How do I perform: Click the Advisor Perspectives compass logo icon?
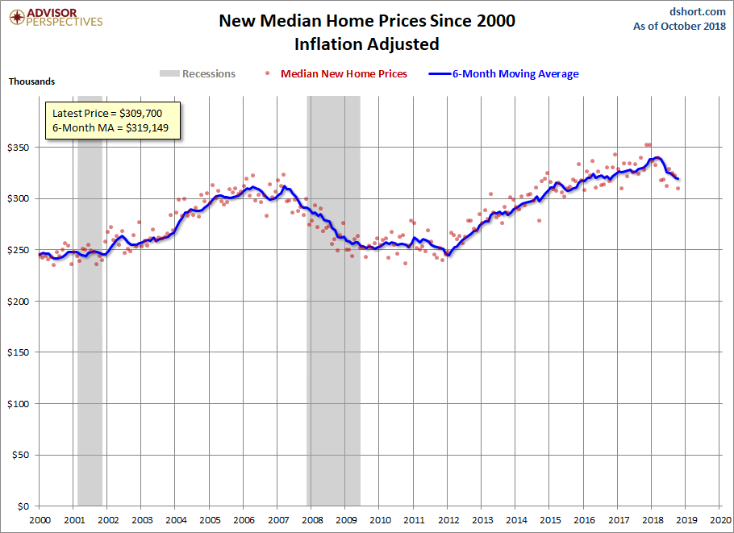(17, 18)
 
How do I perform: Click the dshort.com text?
(697, 12)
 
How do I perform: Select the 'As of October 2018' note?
(679, 26)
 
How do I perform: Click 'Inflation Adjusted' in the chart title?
(366, 44)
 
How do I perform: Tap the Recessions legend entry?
(198, 73)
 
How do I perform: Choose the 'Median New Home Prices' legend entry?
(336, 73)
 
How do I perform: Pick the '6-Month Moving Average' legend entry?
(504, 73)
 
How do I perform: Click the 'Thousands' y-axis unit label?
(31, 81)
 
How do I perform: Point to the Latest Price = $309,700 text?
(107, 113)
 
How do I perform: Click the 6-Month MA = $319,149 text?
(111, 127)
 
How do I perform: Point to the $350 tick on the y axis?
(19, 148)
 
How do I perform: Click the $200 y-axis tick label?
(19, 302)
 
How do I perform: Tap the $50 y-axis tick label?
(21, 455)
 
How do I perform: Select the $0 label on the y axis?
(23, 506)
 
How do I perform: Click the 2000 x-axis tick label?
(40, 520)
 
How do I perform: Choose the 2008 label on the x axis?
(312, 520)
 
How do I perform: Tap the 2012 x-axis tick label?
(448, 520)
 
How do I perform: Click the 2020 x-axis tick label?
(720, 520)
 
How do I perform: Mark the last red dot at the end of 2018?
(678, 188)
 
